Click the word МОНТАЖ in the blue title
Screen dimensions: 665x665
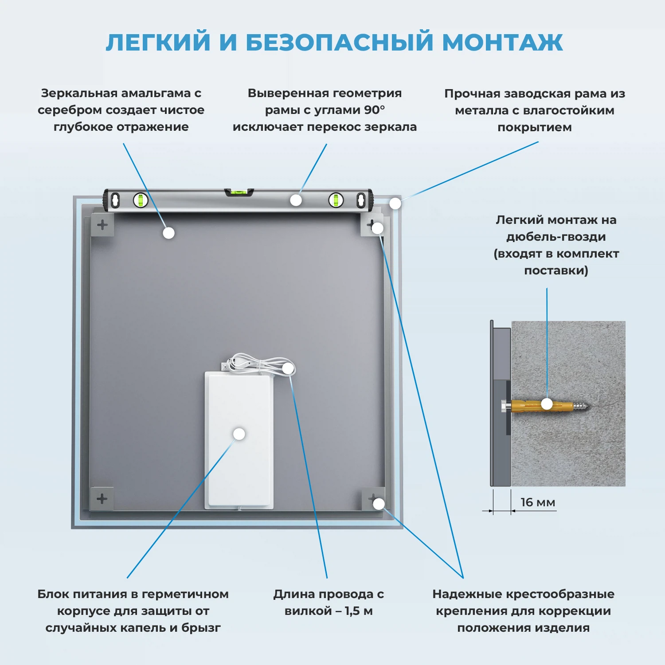[x=502, y=43]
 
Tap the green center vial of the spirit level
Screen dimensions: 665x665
[x=239, y=192]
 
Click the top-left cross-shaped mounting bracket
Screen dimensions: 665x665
[x=102, y=225]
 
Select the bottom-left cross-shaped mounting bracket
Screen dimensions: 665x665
[x=102, y=499]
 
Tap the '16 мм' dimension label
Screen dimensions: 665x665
[x=537, y=502]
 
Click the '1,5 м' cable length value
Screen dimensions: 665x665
[x=358, y=611]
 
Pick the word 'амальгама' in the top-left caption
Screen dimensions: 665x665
[x=156, y=94]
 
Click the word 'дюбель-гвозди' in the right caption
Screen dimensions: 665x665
[x=556, y=237]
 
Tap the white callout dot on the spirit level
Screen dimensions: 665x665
[x=296, y=200]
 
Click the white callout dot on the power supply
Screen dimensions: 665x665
[x=239, y=434]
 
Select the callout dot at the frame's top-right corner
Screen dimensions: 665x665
[x=395, y=203]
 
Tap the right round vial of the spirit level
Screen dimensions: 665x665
[x=336, y=200]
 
